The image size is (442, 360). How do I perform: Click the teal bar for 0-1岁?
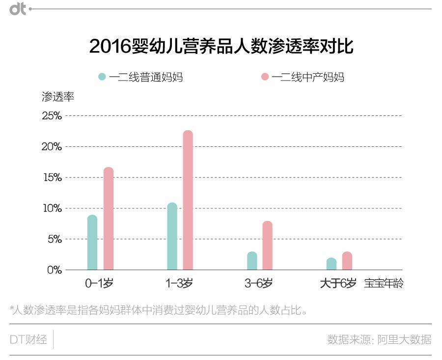tap(92, 243)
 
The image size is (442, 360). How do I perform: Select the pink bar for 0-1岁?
tap(109, 219)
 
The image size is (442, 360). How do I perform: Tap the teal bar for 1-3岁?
tap(172, 236)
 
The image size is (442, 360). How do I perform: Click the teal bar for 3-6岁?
tap(252, 261)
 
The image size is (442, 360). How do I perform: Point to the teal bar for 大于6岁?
tap(331, 264)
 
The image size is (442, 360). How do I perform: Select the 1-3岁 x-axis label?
tap(179, 283)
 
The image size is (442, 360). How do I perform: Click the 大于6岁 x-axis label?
tap(338, 283)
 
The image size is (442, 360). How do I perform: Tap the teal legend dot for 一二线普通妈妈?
tap(102, 77)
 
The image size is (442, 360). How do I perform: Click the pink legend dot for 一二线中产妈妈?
tap(265, 77)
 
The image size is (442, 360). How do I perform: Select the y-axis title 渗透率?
tap(58, 96)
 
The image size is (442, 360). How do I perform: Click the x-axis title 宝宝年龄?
tap(384, 283)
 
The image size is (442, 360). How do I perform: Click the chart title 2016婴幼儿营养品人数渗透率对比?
tap(221, 47)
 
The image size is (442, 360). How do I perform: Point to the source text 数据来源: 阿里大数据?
tap(379, 339)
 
